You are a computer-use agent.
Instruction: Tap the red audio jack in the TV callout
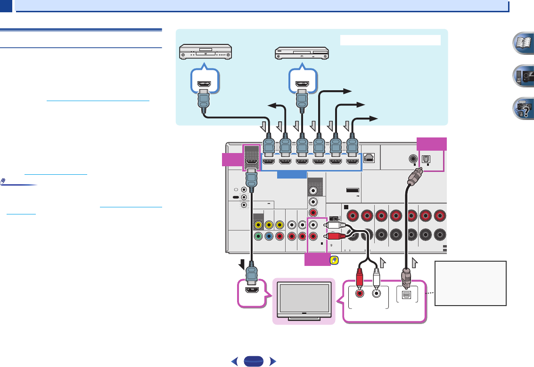[361, 293]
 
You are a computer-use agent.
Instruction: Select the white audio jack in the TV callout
[377, 293]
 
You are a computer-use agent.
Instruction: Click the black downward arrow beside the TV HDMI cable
[240, 261]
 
